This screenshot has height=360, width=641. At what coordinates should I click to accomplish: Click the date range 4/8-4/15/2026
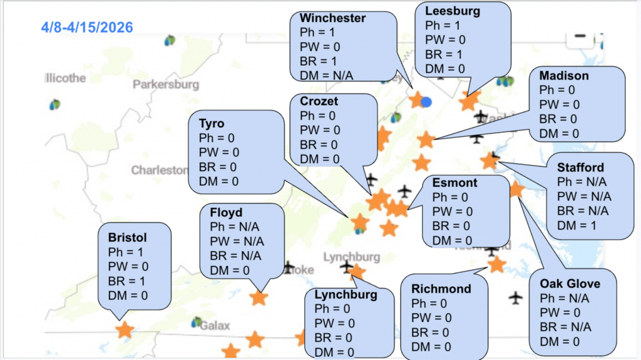(x=87, y=28)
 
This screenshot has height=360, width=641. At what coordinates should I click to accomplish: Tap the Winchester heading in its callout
(x=333, y=18)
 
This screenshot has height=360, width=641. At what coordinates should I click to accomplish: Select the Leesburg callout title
(x=453, y=11)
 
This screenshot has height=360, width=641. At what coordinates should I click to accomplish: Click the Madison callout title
(x=564, y=76)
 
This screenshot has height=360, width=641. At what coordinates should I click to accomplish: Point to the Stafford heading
(x=581, y=167)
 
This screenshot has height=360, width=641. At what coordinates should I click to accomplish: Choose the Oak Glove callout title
(x=570, y=284)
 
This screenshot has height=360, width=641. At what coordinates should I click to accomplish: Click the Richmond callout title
(x=441, y=289)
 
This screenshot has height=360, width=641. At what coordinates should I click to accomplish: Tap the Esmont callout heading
(x=454, y=183)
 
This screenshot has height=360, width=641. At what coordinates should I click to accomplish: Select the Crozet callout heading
(x=319, y=101)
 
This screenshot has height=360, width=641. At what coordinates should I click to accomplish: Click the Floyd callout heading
(x=226, y=213)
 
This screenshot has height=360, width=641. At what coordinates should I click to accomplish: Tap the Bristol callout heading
(x=127, y=238)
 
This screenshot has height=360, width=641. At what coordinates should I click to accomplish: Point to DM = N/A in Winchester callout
(x=327, y=75)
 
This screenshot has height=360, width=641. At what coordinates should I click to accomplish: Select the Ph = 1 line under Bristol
(x=125, y=252)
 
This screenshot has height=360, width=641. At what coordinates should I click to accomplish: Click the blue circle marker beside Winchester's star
(x=426, y=101)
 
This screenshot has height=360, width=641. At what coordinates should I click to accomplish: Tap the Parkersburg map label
(x=166, y=84)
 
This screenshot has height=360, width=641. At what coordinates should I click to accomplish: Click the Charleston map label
(x=159, y=170)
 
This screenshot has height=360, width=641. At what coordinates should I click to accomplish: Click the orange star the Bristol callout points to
(x=125, y=329)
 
